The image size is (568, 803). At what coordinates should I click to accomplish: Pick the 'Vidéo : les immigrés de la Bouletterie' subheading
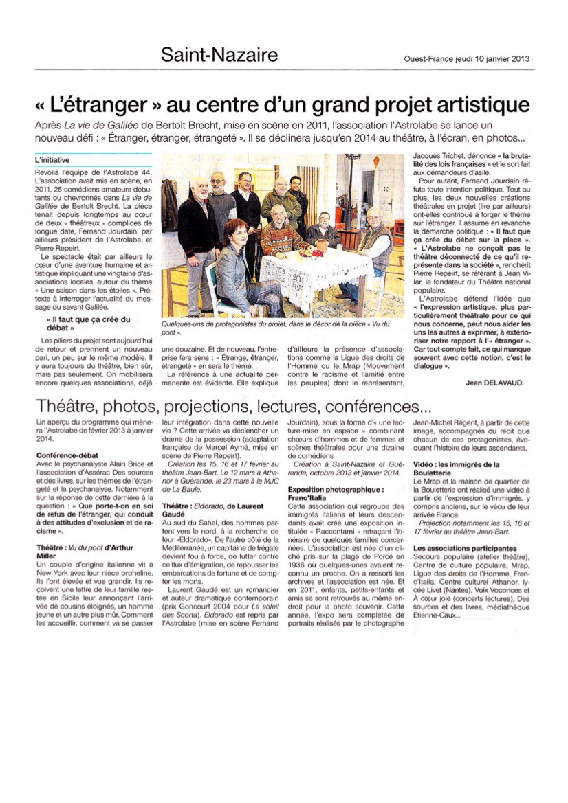point(456,468)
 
